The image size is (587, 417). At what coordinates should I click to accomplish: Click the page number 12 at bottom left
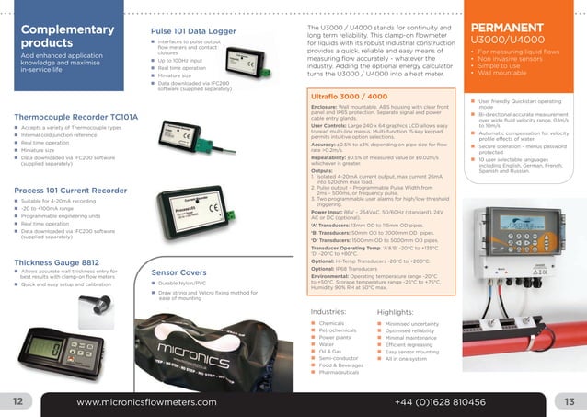[x=17, y=402]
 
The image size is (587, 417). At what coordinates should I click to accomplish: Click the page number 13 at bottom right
[x=570, y=402]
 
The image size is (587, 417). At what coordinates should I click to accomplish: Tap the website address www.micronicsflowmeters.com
[x=146, y=402]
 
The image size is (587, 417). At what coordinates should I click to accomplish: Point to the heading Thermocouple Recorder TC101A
[x=76, y=118]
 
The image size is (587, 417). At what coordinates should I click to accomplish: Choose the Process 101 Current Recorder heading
[x=70, y=190]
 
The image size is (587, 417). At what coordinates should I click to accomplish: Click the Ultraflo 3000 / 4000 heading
[x=345, y=97]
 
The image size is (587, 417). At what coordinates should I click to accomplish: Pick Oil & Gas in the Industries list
[x=330, y=351]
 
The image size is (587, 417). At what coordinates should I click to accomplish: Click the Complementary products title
[x=54, y=36]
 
